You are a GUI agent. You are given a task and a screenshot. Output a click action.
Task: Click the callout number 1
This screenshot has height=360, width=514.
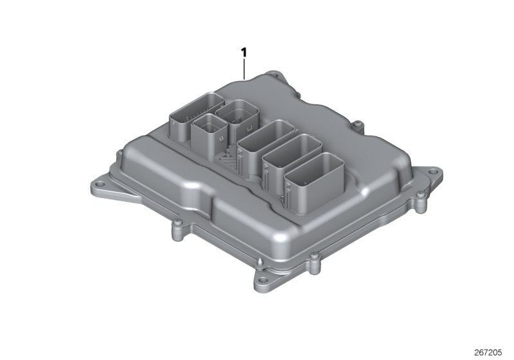point(244,51)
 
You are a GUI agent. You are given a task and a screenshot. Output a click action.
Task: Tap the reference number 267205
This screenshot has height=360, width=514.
point(491,350)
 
